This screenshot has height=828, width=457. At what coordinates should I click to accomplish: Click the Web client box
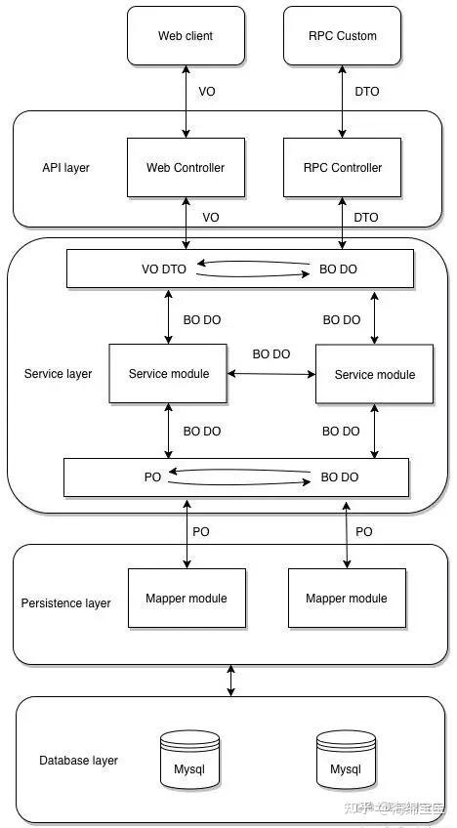pos(186,36)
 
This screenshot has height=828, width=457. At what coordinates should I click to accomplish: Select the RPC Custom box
pos(343,36)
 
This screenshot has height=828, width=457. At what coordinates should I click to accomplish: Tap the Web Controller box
pos(186,167)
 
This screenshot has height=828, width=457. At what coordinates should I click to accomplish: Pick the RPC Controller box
pos(343,167)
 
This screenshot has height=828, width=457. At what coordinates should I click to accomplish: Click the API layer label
pos(66,168)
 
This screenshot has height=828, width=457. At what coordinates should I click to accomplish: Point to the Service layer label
pos(59,374)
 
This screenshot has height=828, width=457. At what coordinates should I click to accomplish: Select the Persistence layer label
pos(66,603)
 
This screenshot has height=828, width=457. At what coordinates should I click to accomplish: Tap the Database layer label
pos(79,761)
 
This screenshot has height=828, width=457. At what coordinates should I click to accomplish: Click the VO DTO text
pos(164,269)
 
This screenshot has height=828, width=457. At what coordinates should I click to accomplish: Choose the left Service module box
pos(169,374)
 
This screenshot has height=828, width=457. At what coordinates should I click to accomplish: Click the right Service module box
pos(375,374)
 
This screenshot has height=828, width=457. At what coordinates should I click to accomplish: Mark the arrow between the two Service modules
pos(271,374)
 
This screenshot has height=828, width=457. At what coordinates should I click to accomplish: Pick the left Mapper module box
pos(187,599)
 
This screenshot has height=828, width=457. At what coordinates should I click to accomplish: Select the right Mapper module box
pos(347,599)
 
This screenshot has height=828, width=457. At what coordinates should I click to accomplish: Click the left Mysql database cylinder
pos(189,760)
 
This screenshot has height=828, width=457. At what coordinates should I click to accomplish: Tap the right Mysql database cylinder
pos(346,760)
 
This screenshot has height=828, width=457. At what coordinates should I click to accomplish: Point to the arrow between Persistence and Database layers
pos(230,681)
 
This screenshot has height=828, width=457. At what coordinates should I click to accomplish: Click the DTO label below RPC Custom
pos(366,92)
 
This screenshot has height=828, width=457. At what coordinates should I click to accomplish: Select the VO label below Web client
pos(207,92)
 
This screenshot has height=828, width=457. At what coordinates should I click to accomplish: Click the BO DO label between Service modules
pos(271,354)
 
